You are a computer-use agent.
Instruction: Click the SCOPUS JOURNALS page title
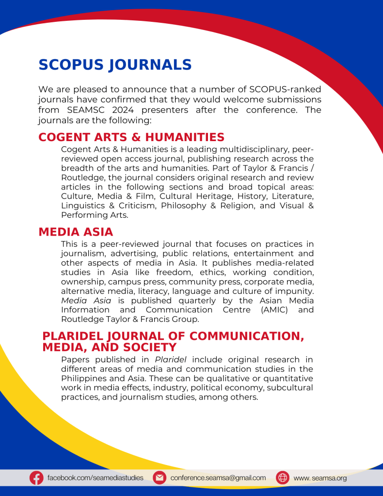point(115,64)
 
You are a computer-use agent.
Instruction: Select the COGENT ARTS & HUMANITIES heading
point(131,138)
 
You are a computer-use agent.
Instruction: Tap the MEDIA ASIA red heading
point(76,232)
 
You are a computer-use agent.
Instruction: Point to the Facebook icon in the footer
point(36,478)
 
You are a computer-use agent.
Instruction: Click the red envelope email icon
point(159,478)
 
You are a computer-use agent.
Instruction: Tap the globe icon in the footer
point(283,478)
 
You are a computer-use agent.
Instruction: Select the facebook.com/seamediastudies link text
point(95,478)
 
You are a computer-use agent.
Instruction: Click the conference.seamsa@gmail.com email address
point(218,478)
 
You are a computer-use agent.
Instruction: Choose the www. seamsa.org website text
point(320,478)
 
